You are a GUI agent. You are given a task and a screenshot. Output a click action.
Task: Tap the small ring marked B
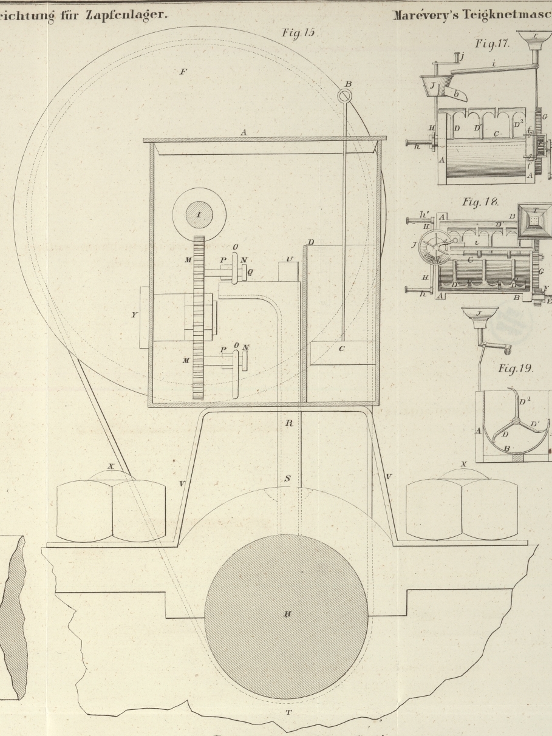tap(344, 96)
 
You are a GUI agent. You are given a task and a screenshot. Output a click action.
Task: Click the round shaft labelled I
tap(199, 214)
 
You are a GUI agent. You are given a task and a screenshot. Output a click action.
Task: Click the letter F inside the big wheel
tap(183, 72)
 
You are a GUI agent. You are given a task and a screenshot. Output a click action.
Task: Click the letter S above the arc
tap(287, 479)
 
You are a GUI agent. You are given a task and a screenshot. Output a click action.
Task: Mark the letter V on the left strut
tap(182, 484)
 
